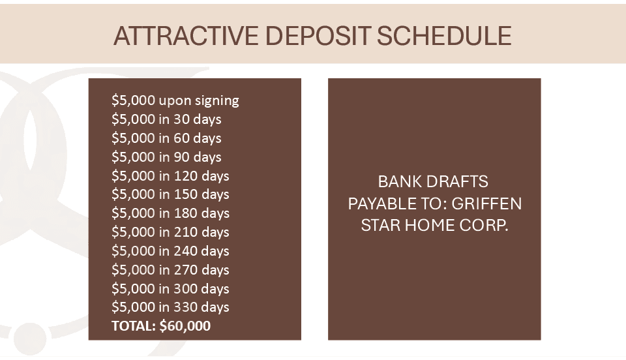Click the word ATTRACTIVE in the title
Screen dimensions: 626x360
point(186,35)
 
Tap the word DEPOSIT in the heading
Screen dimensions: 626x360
point(318,35)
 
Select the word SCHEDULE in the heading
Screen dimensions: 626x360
point(444,35)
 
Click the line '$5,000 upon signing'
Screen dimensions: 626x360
point(175,100)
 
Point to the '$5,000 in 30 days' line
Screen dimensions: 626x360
point(166,119)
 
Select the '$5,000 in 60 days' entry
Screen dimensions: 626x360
point(166,138)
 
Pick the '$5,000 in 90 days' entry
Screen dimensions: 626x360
point(166,157)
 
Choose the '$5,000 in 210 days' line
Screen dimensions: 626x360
point(170,232)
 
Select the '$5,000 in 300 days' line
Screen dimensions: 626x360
point(170,288)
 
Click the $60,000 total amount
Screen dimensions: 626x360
point(185,326)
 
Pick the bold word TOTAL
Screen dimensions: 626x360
point(134,326)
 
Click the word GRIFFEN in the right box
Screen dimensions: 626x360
point(486,203)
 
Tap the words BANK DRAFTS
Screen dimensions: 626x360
point(433,181)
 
